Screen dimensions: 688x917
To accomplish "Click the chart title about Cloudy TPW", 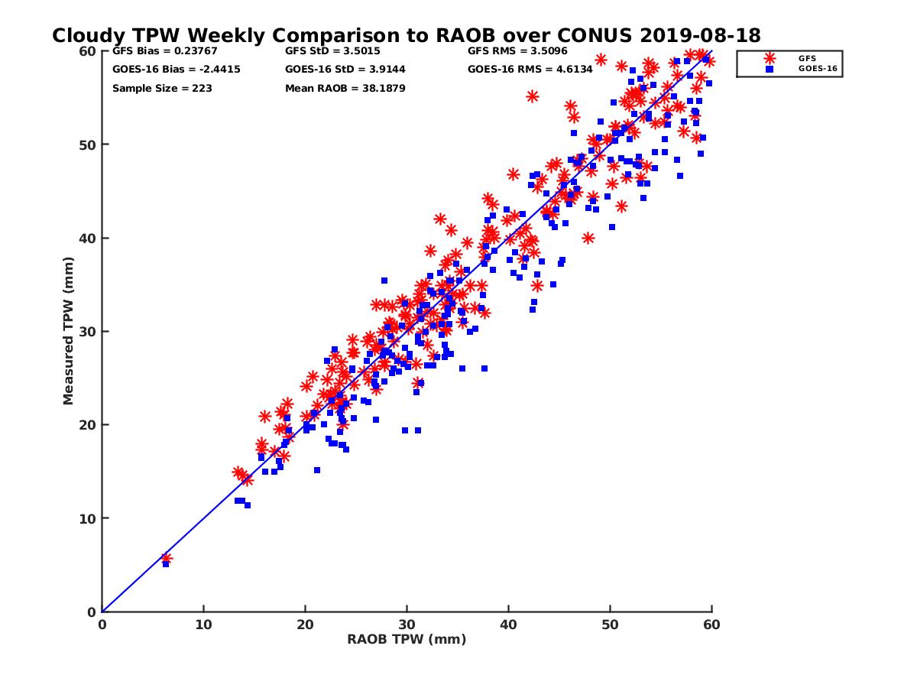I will point(406,36).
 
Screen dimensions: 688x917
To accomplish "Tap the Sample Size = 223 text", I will point(162,89).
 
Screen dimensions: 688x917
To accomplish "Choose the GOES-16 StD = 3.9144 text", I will point(345,70).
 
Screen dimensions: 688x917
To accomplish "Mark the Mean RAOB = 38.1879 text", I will point(345,89).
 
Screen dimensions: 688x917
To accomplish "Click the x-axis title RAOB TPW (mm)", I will point(407,640).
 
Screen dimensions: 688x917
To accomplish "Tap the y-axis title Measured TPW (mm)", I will point(69,330).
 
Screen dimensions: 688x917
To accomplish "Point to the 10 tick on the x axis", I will point(203,625).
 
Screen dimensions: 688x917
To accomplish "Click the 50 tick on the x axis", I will point(610,625).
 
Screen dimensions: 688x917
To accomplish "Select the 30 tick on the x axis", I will point(407,625).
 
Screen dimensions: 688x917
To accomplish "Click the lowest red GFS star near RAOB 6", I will point(166,559).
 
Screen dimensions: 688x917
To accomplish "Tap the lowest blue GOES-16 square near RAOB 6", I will point(166,564).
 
